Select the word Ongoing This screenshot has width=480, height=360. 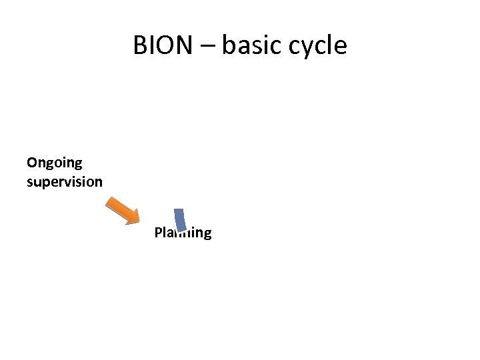(x=54, y=163)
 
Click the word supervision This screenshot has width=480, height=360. (x=64, y=182)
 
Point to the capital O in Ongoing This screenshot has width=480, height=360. (x=32, y=162)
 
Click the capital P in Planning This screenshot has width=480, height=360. (x=158, y=233)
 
